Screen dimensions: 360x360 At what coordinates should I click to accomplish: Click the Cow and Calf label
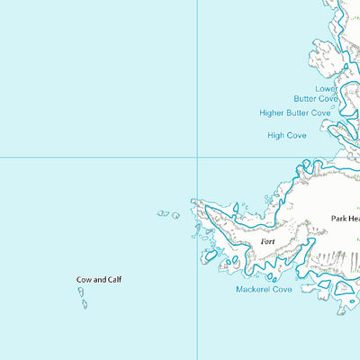pyautogui.click(x=98, y=280)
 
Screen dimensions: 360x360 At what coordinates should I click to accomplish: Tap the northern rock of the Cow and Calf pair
pyautogui.click(x=79, y=293)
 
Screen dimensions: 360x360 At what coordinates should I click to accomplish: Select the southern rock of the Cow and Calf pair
pyautogui.click(x=85, y=304)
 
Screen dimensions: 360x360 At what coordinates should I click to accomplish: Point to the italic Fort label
pyautogui.click(x=267, y=242)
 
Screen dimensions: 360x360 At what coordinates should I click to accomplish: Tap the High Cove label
pyautogui.click(x=287, y=135)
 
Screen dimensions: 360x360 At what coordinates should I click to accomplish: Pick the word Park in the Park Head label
pyautogui.click(x=339, y=218)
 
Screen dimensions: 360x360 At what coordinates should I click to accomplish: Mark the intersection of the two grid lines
pyautogui.click(x=198, y=157)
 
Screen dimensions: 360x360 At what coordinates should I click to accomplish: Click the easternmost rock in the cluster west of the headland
pyautogui.click(x=175, y=216)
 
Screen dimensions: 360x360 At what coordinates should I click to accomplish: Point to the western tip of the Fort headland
pyautogui.click(x=193, y=202)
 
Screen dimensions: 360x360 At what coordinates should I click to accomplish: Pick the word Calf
pyautogui.click(x=112, y=280)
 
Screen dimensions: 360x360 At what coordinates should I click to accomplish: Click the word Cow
pyautogui.click(x=83, y=280)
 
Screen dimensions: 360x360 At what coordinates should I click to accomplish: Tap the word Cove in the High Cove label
pyautogui.click(x=297, y=135)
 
